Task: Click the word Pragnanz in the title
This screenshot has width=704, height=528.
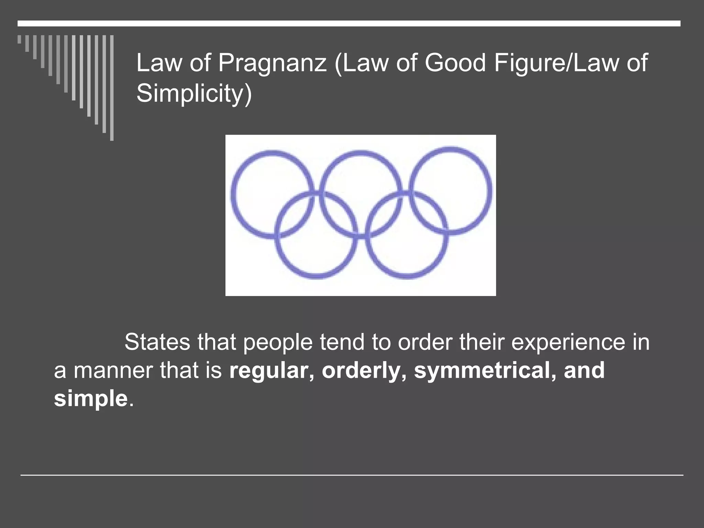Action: point(272,64)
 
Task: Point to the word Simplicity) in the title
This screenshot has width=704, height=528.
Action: point(194,93)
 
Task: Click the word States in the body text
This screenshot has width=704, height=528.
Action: point(157,342)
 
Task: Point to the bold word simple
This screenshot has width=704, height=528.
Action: point(91,399)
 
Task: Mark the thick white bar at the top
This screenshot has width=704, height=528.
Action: point(349,23)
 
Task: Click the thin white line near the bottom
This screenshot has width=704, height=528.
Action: point(352,475)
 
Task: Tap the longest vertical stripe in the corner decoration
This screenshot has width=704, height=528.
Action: point(112,88)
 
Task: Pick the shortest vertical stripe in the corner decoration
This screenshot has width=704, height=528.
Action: point(19,39)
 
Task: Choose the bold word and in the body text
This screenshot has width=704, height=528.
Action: point(584,371)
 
